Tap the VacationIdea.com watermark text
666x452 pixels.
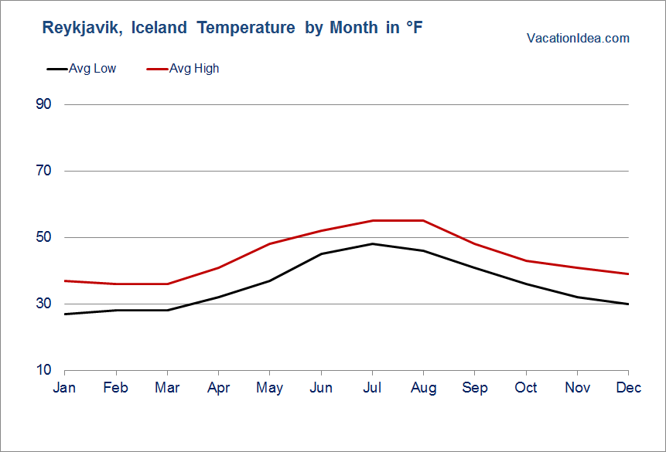(578, 38)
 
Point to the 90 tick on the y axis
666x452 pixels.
(43, 104)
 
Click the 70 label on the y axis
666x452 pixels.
(43, 171)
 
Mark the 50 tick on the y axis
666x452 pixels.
(43, 237)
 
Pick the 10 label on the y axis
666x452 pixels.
(43, 370)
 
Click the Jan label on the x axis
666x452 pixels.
(64, 388)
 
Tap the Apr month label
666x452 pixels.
(218, 388)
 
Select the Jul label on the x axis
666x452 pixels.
(372, 388)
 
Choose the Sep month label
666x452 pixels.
(475, 388)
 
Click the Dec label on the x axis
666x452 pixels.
(628, 388)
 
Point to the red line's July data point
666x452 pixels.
(372, 220)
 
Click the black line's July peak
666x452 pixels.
(372, 243)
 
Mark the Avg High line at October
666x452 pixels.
(526, 260)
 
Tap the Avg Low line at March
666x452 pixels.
(167, 310)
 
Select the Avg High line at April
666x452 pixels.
(218, 267)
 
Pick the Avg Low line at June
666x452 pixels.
(321, 253)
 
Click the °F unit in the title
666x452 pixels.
(415, 28)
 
